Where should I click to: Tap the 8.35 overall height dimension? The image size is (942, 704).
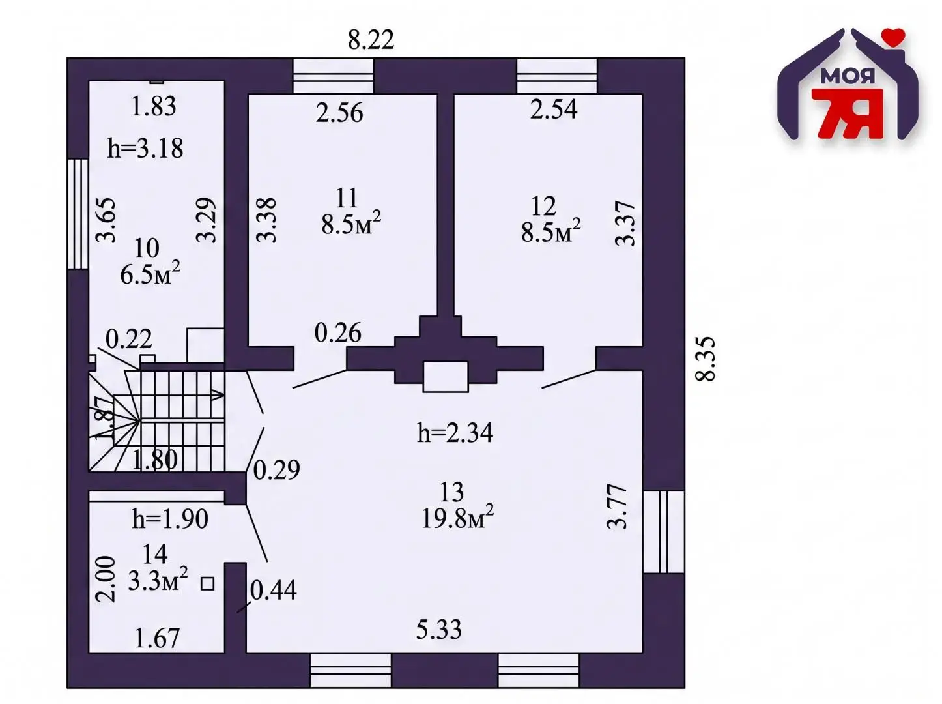(x=705, y=359)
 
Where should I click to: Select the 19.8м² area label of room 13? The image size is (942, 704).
(x=457, y=518)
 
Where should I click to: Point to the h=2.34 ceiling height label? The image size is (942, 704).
(x=455, y=433)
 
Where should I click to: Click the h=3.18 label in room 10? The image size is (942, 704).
(x=145, y=149)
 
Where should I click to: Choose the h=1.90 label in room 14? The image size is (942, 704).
(x=170, y=519)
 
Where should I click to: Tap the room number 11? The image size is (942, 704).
(x=347, y=198)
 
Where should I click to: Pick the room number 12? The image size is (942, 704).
(x=543, y=207)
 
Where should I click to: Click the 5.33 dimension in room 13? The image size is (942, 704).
(x=439, y=630)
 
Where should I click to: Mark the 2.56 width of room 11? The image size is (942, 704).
(x=339, y=113)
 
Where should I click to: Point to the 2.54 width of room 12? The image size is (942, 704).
(x=554, y=109)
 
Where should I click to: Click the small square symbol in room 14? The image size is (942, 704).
(x=208, y=584)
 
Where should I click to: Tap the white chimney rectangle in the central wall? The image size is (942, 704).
(x=446, y=377)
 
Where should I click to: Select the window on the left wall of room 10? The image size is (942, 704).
(x=78, y=214)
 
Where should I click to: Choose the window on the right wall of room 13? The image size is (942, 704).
(x=663, y=531)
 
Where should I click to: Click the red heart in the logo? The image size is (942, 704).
(x=893, y=37)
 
